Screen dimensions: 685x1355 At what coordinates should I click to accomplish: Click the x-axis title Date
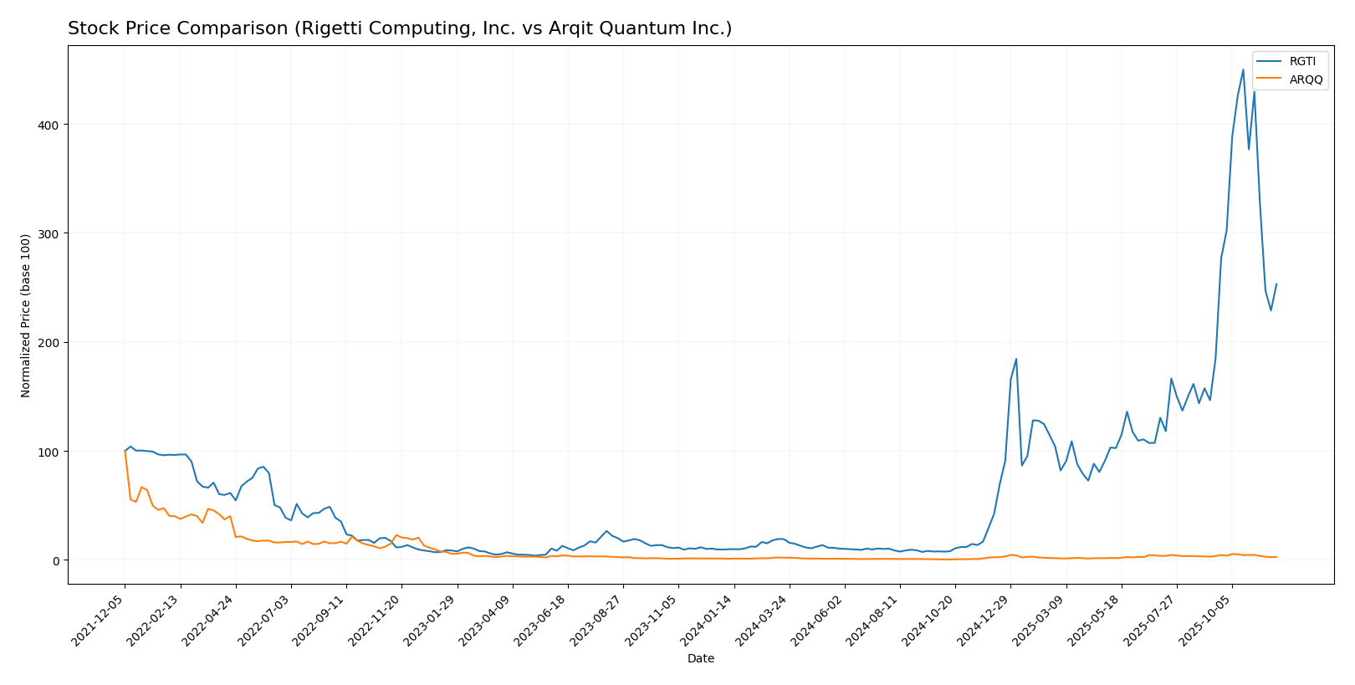click(x=701, y=659)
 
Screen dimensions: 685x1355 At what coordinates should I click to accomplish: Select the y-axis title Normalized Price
click(x=26, y=315)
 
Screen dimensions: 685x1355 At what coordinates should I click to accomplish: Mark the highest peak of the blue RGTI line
click(x=1243, y=69)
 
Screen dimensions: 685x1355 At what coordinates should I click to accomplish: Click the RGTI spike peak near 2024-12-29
click(x=1016, y=359)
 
